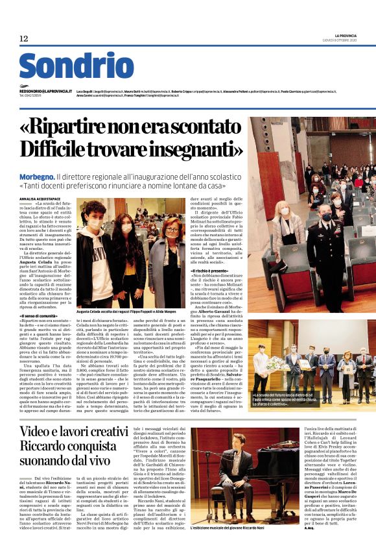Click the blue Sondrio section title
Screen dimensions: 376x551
point(76,66)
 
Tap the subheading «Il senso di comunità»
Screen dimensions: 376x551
point(38,315)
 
